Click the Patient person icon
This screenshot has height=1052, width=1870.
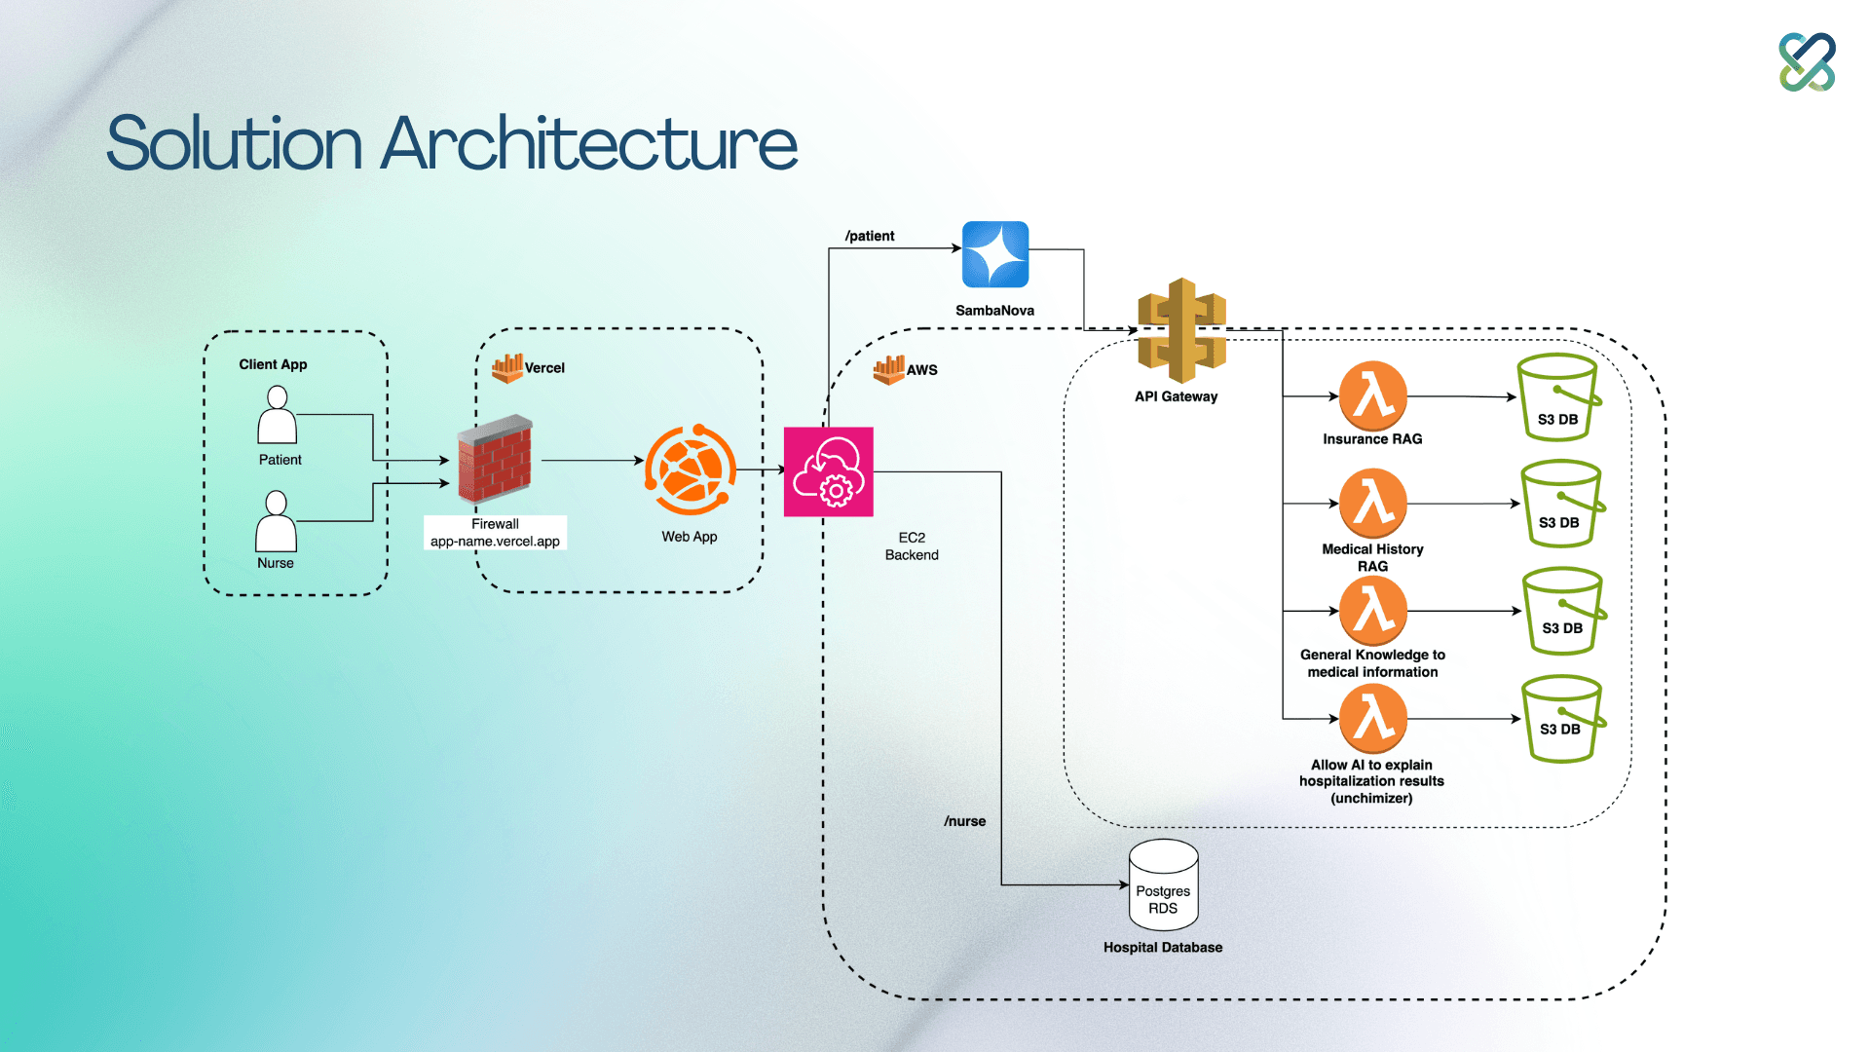[277, 415]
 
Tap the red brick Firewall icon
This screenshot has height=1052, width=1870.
[496, 458]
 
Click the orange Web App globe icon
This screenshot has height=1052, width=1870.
[690, 470]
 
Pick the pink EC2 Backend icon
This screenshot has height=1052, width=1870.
[829, 471]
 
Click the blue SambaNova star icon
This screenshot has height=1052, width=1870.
[995, 254]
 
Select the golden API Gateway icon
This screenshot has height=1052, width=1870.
[1181, 331]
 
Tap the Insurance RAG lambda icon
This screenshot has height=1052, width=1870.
[1373, 396]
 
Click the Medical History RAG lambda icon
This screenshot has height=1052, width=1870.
[1373, 503]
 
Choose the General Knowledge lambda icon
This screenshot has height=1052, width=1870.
[1373, 611]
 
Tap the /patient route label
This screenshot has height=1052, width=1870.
[870, 236]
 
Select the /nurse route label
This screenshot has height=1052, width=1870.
[964, 821]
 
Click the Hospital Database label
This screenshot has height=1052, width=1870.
[1163, 947]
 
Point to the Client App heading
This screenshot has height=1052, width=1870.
[273, 364]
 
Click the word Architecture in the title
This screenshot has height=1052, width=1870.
[589, 144]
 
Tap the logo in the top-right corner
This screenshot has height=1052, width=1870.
[1807, 62]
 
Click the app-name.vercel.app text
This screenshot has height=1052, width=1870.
[495, 542]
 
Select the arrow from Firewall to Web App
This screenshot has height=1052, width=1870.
[591, 460]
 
